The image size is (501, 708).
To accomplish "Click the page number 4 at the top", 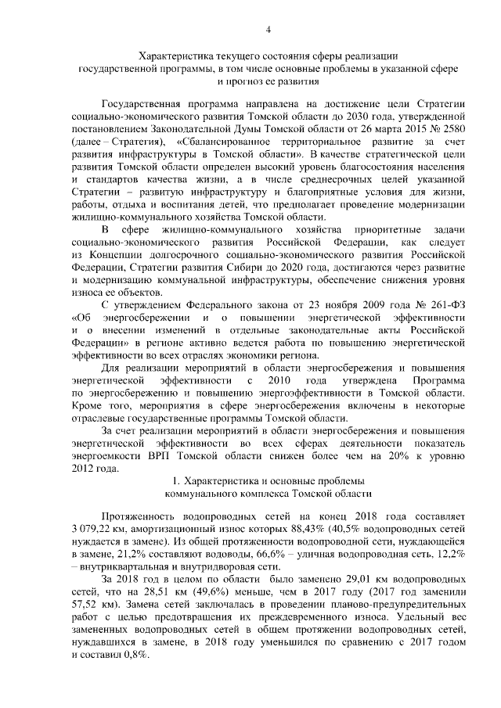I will [269, 30].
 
